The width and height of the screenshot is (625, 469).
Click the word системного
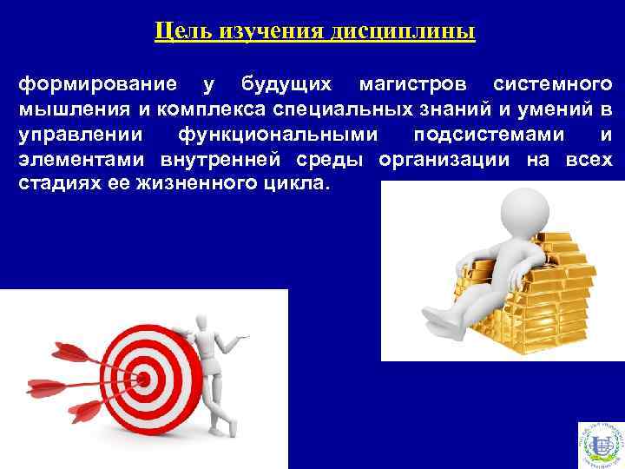552,84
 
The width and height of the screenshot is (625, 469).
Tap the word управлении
72,135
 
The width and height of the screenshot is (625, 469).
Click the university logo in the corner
600,445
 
